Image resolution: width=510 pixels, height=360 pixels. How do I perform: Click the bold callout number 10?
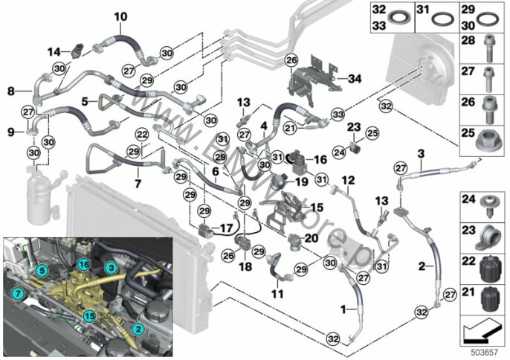coord(120,16)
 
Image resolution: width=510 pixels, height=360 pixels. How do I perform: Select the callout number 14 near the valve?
coord(54,51)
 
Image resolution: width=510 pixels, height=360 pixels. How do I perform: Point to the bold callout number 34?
coord(353,77)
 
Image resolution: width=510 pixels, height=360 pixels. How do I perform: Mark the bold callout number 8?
coord(10,91)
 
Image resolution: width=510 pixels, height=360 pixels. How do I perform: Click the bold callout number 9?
coord(10,132)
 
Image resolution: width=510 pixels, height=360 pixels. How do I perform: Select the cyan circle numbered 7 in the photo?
coord(17,295)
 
